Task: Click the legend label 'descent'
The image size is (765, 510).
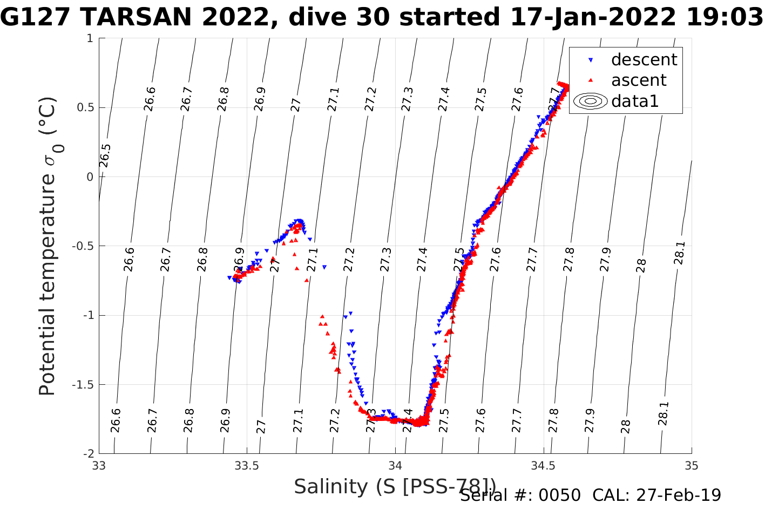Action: pos(644,59)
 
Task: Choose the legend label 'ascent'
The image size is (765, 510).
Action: pos(639,80)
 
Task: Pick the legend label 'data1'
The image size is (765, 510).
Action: pos(635,101)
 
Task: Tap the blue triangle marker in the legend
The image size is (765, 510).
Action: pos(591,60)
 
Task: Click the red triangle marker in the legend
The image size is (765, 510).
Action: pos(591,80)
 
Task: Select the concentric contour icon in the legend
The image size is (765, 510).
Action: pos(591,101)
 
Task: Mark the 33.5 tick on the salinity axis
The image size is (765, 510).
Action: pos(247,466)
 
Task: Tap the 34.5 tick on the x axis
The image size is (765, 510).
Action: pos(543,466)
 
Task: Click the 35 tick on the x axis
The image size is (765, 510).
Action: pos(692,466)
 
